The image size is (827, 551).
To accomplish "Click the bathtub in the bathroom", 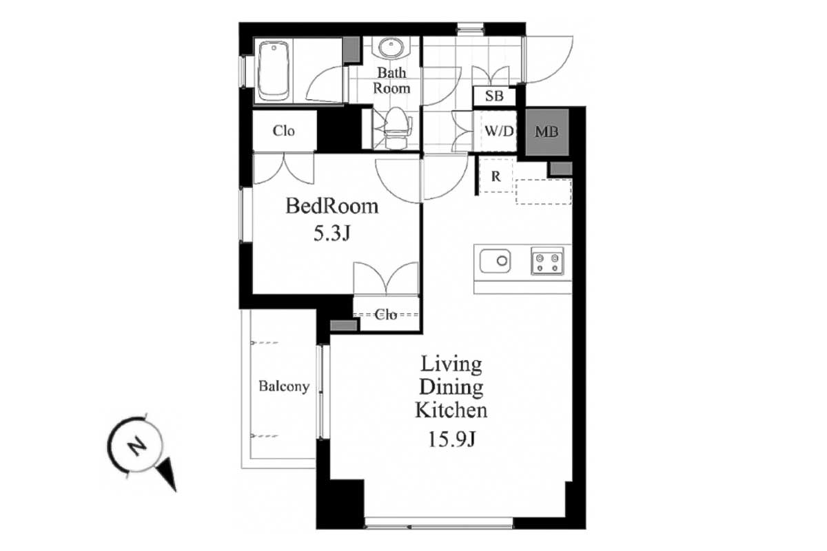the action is coord(274,71).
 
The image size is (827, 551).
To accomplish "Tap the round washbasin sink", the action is coord(390,48).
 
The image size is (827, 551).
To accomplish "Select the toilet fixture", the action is coord(396,127).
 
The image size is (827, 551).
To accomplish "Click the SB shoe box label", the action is coord(494,96).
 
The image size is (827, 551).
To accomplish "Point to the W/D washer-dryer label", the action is coord(499,131).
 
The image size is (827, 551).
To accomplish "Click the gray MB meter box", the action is coord(547,132).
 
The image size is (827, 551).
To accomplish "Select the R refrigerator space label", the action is coord(496,177).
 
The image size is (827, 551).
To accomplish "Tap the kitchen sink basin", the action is coord(495,261).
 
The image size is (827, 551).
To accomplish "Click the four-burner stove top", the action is coord(547,261).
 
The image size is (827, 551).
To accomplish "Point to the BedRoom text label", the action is coord(332,206).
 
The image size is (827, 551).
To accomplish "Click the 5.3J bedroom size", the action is coord(331,233).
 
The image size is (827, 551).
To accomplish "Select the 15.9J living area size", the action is coord(451,439).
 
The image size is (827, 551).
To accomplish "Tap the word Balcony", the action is coord(284,386).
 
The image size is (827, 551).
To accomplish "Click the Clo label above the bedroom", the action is coord(283,131).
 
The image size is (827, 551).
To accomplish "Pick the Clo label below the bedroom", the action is coord(386,315).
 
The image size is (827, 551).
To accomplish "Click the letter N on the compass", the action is coord(137,446).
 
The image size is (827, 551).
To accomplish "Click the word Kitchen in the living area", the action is coord(451,410).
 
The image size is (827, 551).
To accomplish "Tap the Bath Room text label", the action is coord(391,81).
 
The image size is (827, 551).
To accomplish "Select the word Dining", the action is coord(451,388).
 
